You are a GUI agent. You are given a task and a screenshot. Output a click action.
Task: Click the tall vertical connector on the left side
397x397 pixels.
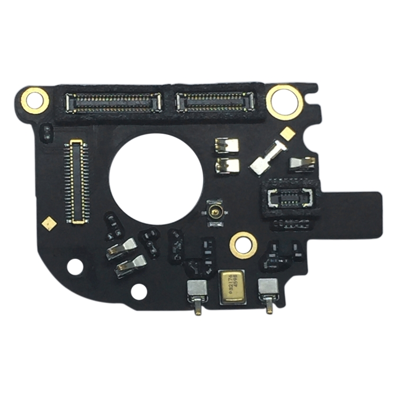click(x=77, y=182)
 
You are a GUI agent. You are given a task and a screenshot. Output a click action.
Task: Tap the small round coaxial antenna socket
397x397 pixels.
click(x=215, y=213)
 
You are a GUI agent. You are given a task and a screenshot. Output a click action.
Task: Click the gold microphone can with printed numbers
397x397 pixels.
click(x=231, y=286)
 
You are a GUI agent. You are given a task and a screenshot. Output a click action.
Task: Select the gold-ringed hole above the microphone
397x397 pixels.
click(x=244, y=245)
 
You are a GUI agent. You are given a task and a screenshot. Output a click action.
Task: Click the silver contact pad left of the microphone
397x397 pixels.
click(x=197, y=288)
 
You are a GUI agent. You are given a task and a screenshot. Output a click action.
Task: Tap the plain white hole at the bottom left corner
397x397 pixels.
click(x=75, y=267)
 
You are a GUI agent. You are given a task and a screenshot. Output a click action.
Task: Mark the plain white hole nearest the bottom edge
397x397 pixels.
click(x=139, y=291)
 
